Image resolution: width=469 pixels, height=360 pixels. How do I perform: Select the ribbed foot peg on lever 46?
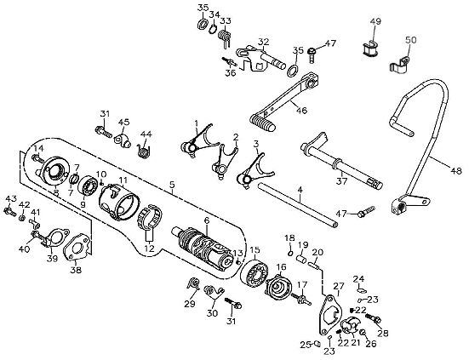[x=262, y=122]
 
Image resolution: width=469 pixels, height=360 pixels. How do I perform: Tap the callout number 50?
[x=410, y=40]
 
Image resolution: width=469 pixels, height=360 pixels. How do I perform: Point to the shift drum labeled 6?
[x=203, y=249]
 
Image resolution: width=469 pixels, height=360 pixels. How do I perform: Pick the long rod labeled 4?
[x=297, y=205]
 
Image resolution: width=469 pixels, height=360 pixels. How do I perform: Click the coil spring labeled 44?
[x=144, y=151]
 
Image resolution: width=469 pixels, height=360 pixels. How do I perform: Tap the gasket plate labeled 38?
[x=77, y=246]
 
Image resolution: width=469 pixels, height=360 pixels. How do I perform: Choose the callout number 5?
[x=171, y=185]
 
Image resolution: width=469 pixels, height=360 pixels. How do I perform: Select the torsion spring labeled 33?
[x=225, y=37]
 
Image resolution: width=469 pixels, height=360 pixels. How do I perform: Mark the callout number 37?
[x=342, y=180]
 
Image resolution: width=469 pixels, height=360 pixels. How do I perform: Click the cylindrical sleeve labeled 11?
[x=119, y=203]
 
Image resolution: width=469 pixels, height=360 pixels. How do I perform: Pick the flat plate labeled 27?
[x=329, y=315]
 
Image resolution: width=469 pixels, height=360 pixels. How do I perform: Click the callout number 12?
[x=150, y=249]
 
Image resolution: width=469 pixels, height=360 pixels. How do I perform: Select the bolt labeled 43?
[x=10, y=212]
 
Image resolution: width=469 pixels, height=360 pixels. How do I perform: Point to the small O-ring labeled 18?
[x=290, y=254]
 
